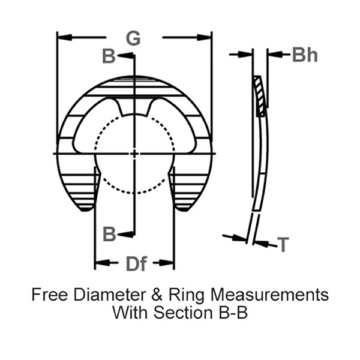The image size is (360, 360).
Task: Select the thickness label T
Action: coord(283,244)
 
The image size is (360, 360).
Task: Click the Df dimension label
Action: coord(136,263)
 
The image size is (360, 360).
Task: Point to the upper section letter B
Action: coord(109,56)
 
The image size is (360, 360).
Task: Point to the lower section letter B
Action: coord(109,233)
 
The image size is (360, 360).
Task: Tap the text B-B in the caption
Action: coord(230,313)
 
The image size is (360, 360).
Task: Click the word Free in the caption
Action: coord(48,295)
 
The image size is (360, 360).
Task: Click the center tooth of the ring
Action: coord(134,107)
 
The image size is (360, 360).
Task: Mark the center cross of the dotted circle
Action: coord(134,154)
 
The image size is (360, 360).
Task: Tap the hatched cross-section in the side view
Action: coord(260,96)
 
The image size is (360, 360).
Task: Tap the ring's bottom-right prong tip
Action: coord(184,208)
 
